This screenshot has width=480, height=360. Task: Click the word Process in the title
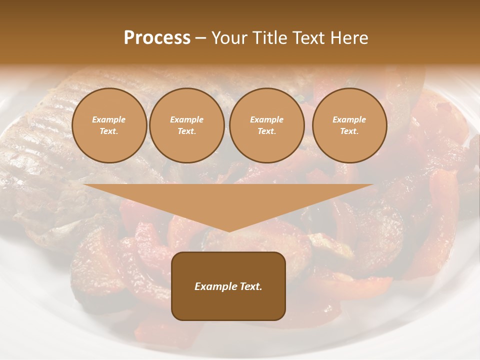pos(157,38)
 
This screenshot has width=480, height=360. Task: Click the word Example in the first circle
pos(109,119)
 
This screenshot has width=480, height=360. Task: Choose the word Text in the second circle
pos(186,131)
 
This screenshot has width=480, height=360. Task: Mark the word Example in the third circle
pos(266,119)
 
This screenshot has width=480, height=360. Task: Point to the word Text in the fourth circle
pos(348,131)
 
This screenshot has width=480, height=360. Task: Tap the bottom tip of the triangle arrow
pos(228,230)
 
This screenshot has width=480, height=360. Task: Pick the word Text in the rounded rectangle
pos(250,286)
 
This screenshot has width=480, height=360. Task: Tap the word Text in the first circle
pos(108,131)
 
